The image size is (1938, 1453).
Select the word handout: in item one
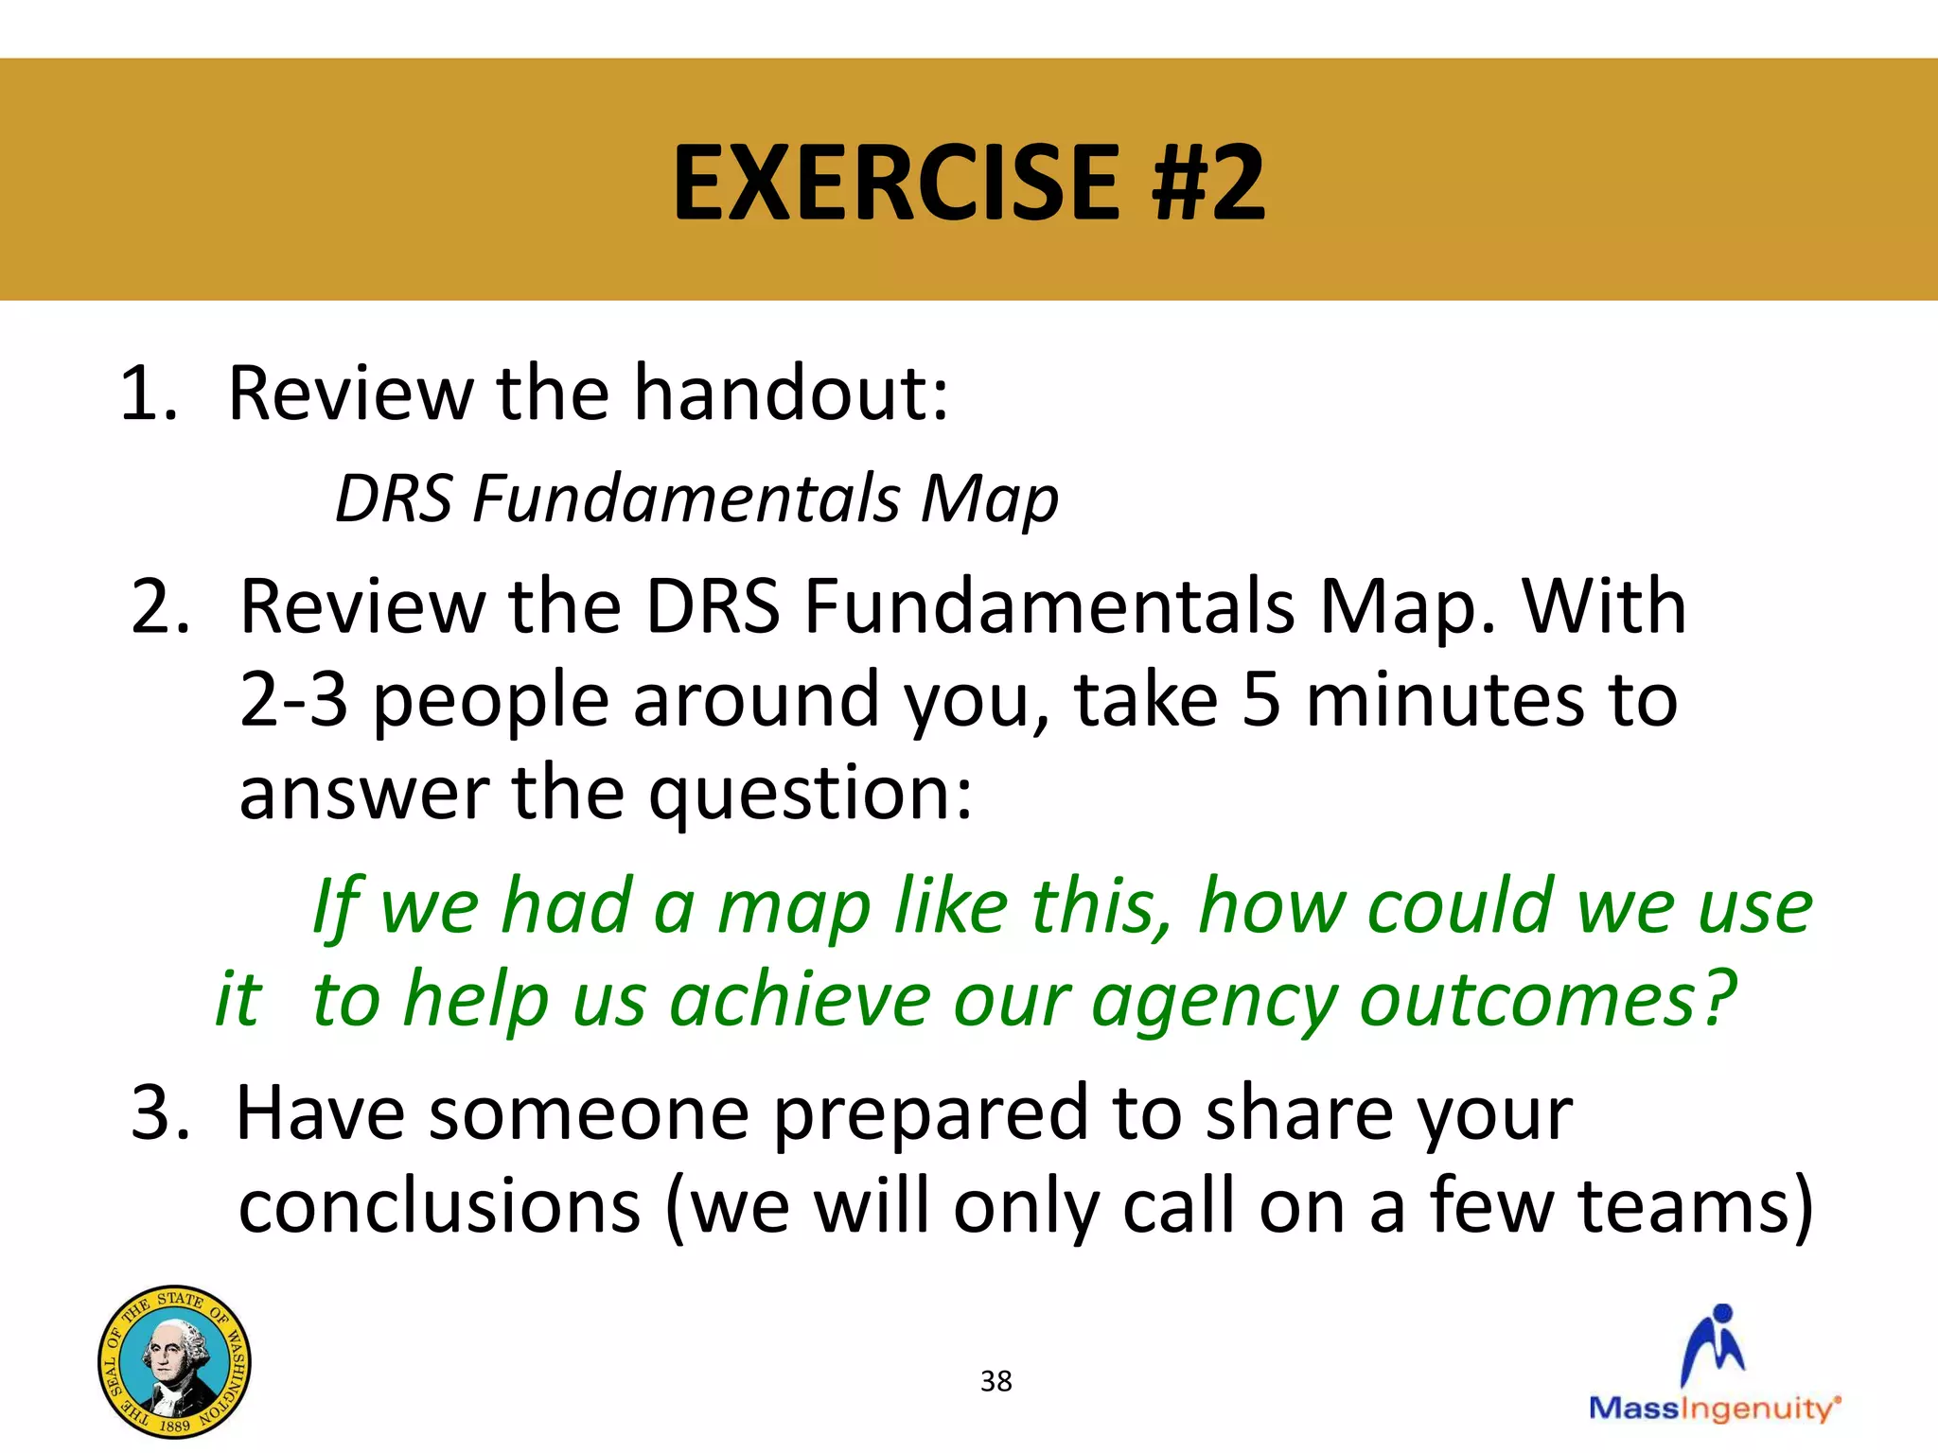(791, 394)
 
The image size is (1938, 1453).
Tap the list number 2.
(160, 606)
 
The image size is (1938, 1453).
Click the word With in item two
(1604, 606)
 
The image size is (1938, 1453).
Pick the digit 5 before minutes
(1260, 699)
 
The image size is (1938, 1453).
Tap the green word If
(336, 907)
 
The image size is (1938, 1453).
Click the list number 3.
(160, 1113)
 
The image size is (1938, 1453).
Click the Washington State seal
(174, 1361)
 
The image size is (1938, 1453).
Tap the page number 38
(995, 1381)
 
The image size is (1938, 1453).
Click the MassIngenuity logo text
(1713, 1409)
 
